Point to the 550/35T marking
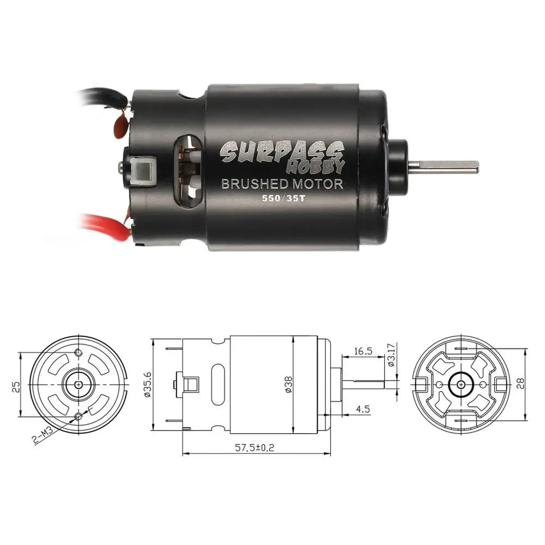(282, 199)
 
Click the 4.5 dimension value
(361, 408)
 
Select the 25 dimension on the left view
(16, 385)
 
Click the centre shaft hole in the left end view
(80, 384)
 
